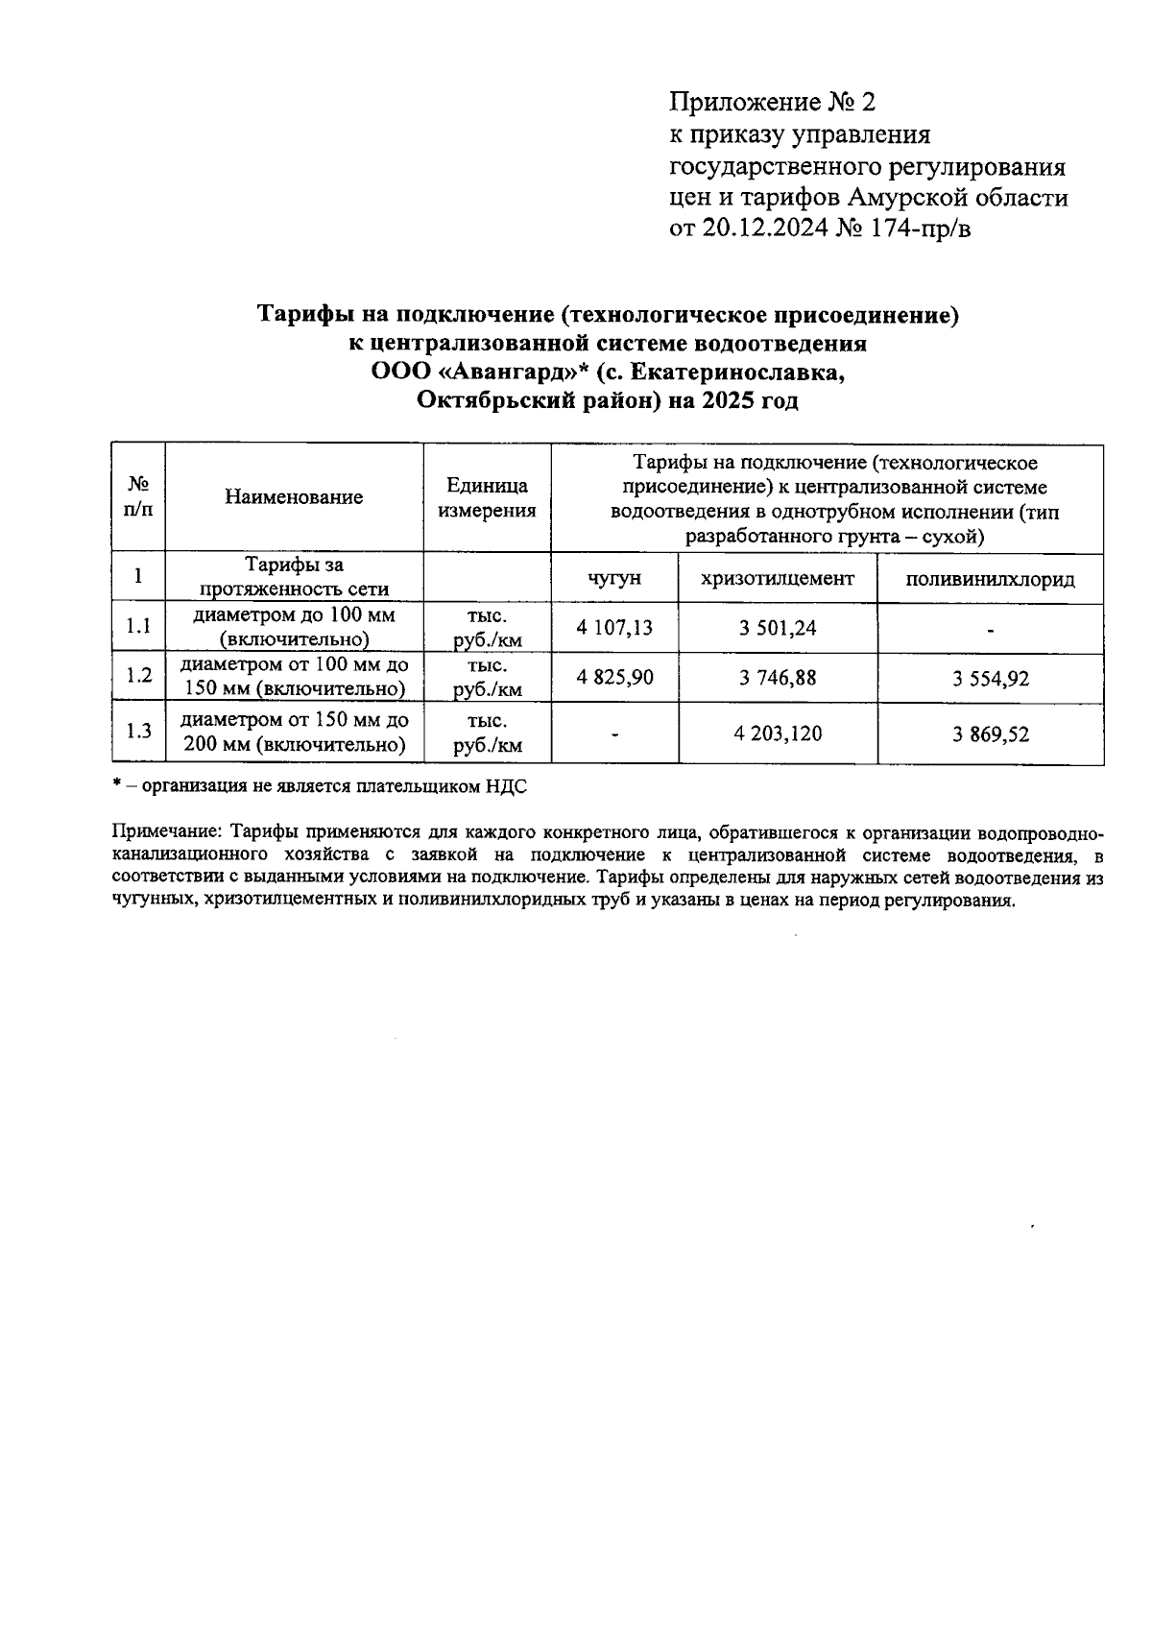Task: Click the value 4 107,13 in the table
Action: point(614,628)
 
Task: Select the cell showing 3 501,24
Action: point(778,628)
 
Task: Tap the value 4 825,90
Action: point(614,677)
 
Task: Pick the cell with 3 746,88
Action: point(778,678)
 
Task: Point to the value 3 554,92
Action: point(991,679)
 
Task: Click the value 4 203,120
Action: point(778,734)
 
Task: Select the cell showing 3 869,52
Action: point(991,734)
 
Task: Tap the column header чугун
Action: point(614,579)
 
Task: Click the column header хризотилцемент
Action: point(778,578)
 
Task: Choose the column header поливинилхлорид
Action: point(991,579)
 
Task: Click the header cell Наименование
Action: point(294,497)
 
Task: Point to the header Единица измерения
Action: point(487,497)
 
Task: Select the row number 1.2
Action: point(138,676)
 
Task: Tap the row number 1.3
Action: point(138,732)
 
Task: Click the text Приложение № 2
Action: point(773,103)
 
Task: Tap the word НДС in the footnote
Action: point(507,786)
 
